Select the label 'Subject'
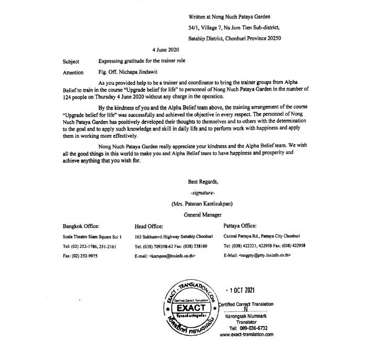pos(71,61)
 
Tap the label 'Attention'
pos(73,72)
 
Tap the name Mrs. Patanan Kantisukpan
pos(203,204)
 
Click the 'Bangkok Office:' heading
pos(81,226)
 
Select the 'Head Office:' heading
pos(149,226)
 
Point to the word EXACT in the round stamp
pos(187,308)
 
